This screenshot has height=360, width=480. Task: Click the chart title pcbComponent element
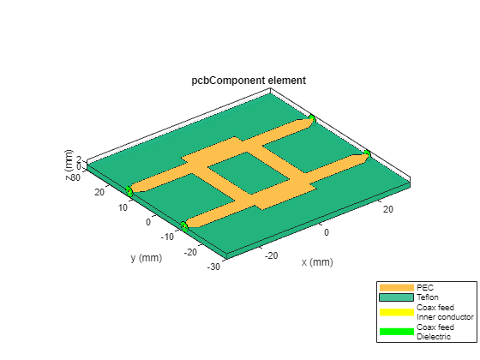click(249, 81)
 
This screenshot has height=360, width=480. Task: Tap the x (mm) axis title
click(316, 262)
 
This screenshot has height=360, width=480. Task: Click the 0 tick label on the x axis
click(326, 232)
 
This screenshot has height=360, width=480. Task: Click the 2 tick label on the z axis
click(79, 159)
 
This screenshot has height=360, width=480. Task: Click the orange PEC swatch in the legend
click(396, 286)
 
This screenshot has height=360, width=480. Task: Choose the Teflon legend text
click(428, 297)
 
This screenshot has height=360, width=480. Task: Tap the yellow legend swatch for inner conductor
click(396, 311)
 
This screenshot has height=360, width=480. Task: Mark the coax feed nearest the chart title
click(313, 118)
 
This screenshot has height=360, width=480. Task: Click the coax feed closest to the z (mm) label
click(129, 189)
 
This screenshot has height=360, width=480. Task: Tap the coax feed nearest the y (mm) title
click(183, 225)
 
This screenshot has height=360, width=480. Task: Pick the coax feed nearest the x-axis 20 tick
click(367, 153)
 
